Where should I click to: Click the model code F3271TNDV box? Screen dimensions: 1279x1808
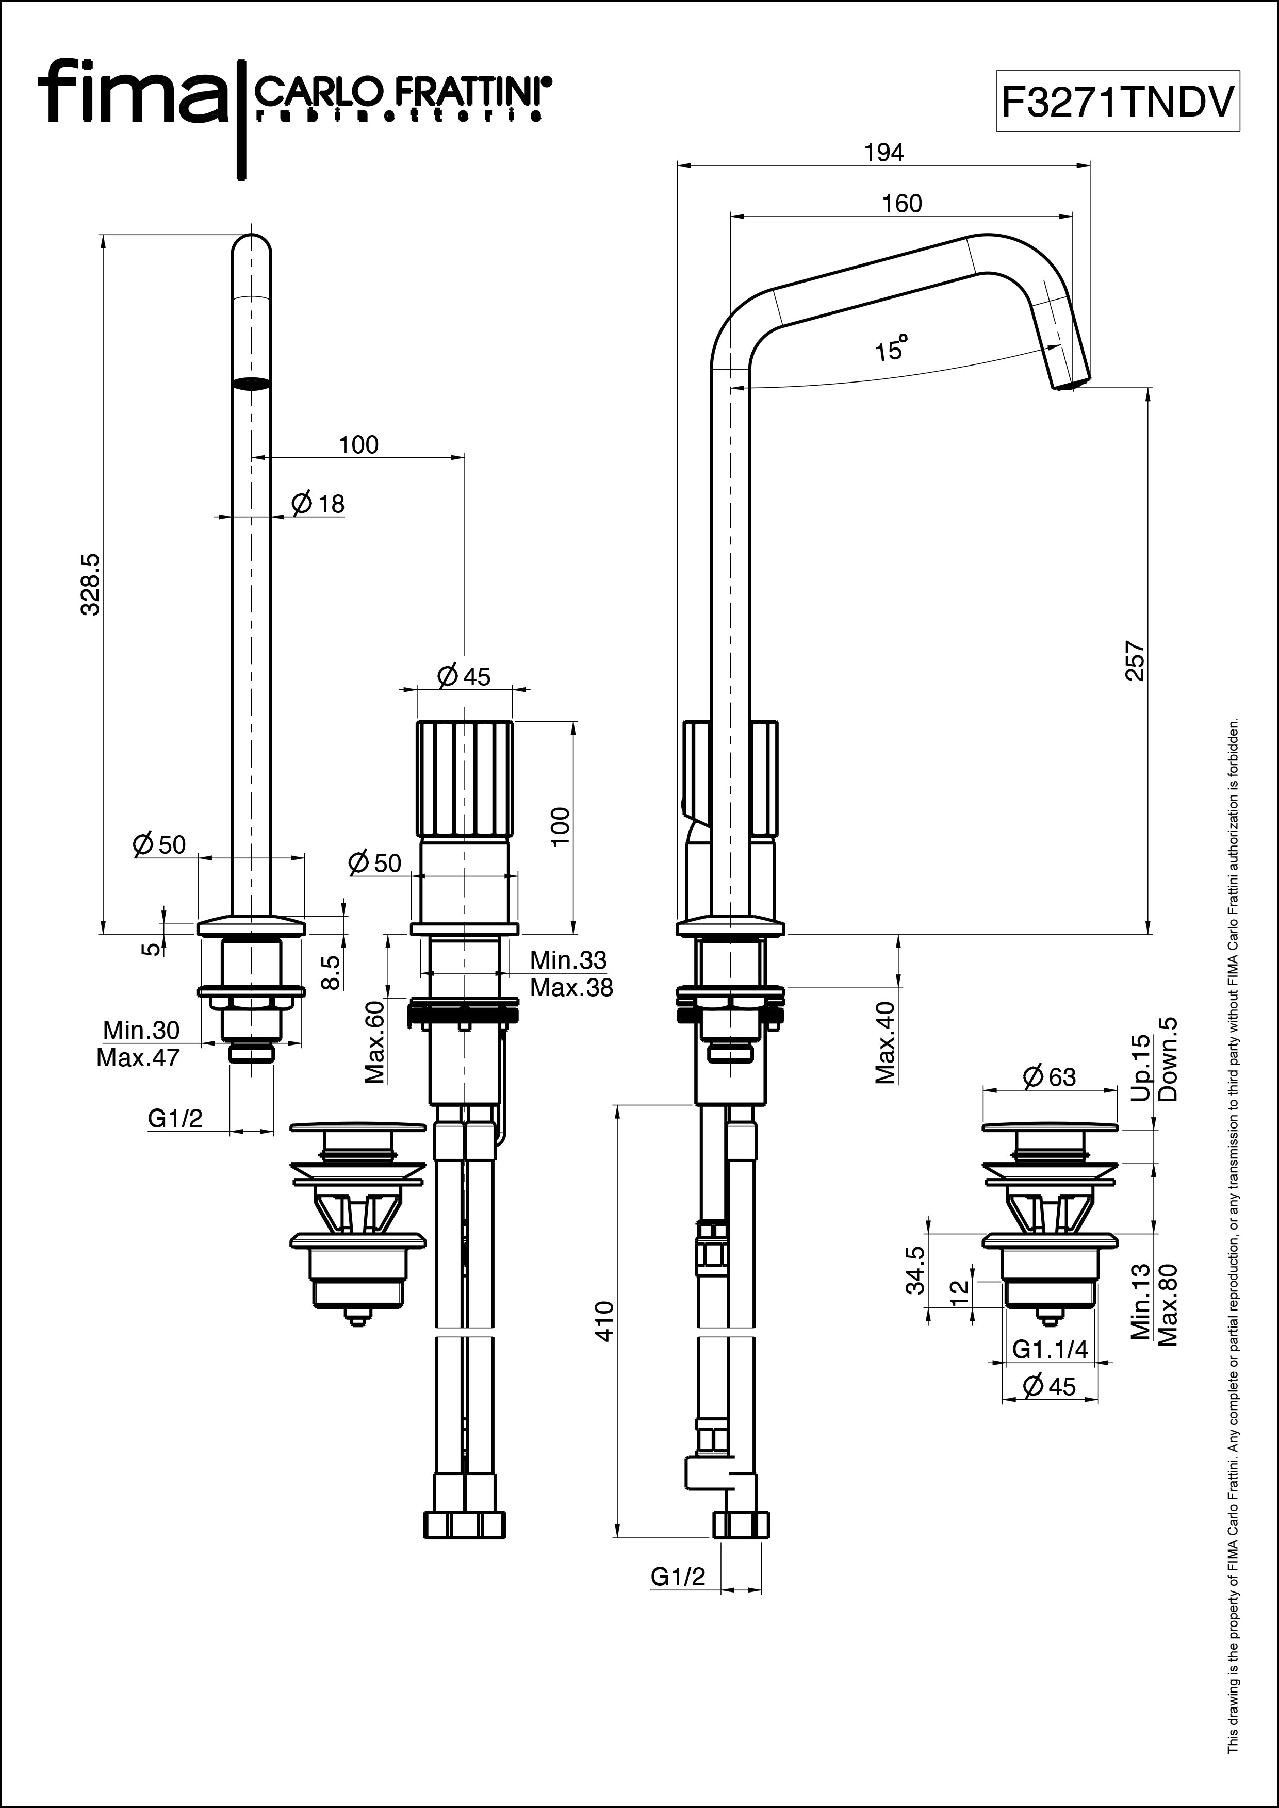click(x=1118, y=101)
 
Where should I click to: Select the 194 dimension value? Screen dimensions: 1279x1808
click(x=884, y=153)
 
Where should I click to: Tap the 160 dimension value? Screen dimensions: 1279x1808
click(x=902, y=204)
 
